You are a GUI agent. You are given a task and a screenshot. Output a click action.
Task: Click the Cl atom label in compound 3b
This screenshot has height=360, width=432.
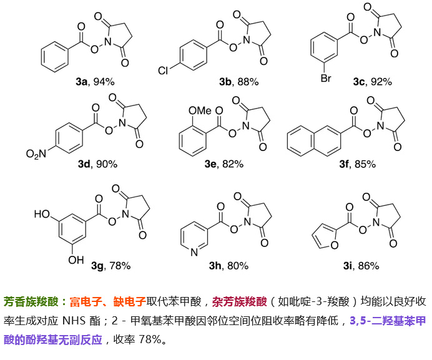click(163, 71)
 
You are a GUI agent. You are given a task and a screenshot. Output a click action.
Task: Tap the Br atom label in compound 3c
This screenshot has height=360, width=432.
click(326, 78)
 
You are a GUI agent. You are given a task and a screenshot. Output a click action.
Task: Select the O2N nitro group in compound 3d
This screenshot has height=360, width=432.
click(36, 153)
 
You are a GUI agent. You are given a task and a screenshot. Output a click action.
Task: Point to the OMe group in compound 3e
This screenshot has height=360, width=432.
click(200, 110)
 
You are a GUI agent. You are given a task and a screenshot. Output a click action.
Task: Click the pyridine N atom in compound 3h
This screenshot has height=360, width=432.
click(194, 252)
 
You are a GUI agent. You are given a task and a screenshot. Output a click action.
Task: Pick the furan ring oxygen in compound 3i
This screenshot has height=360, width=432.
click(335, 245)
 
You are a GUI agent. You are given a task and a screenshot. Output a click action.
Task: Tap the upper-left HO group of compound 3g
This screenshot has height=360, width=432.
click(42, 214)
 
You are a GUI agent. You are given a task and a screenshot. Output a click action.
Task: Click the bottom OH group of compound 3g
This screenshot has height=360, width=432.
click(76, 260)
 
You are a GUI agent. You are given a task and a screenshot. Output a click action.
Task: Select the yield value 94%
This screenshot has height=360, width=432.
click(104, 82)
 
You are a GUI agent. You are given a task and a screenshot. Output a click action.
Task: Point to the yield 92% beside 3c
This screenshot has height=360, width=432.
click(381, 82)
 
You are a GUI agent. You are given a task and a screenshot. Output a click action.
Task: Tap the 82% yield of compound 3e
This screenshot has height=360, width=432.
click(233, 164)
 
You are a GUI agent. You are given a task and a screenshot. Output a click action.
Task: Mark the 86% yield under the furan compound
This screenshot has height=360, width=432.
click(368, 266)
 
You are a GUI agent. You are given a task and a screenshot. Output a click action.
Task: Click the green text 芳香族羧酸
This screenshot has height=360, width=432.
click(31, 301)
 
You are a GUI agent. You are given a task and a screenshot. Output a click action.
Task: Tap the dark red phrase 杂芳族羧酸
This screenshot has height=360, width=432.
click(240, 301)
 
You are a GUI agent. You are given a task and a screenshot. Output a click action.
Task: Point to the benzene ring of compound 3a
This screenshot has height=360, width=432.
click(54, 57)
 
